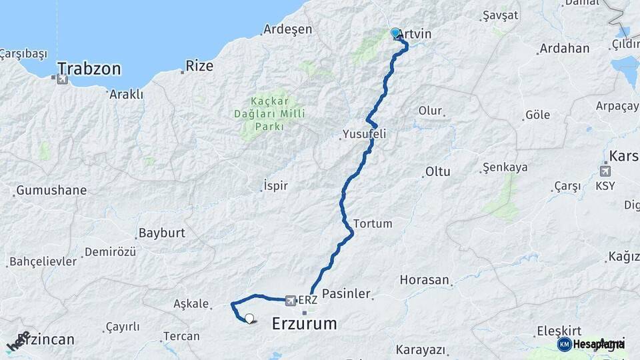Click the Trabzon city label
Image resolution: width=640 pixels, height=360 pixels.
tap(89, 69)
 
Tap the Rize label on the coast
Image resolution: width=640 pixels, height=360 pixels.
tap(199, 66)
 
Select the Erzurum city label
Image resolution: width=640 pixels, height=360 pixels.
tap(304, 324)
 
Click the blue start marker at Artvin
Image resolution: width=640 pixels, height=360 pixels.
tap(395, 33)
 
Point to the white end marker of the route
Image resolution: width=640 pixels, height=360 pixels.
tap(249, 319)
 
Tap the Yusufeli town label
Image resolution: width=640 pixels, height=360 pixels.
tap(364, 134)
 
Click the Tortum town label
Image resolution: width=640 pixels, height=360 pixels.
tap(373, 223)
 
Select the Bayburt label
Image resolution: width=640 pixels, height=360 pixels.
tap(161, 233)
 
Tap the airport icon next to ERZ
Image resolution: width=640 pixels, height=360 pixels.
tap(291, 301)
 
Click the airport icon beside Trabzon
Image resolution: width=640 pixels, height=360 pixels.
tap(63, 79)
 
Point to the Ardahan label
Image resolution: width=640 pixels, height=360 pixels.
tap(565, 49)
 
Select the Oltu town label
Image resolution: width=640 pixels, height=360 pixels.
tap(438, 171)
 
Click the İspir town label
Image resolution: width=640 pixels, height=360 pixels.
tap(276, 185)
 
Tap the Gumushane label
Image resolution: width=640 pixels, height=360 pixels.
tap(51, 190)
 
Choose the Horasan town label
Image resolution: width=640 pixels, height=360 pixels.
tap(425, 280)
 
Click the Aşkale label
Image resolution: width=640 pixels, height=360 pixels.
tap(191, 303)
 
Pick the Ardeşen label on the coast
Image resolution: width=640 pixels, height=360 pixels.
tap(287, 29)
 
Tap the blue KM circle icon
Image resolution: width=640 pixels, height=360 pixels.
tap(564, 344)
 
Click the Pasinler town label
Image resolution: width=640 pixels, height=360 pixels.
tap(346, 293)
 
